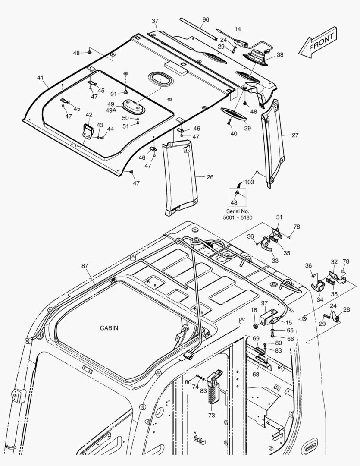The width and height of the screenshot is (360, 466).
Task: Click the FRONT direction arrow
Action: (318, 42)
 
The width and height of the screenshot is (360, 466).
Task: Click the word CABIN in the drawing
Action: (109, 328)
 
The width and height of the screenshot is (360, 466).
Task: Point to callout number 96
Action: (206, 19)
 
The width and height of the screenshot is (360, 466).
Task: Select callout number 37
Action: (155, 21)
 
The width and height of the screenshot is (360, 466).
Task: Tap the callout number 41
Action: (40, 78)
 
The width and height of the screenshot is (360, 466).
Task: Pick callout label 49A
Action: (111, 110)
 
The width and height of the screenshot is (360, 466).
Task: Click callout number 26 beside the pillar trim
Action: (210, 177)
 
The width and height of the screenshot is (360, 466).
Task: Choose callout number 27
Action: (295, 135)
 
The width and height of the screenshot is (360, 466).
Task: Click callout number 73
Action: (211, 415)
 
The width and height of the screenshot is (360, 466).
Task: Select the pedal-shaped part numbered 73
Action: (214, 386)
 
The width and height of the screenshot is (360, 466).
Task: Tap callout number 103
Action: (250, 182)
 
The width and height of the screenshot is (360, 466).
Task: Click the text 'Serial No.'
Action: (238, 211)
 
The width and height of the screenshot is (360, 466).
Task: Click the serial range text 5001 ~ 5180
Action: (238, 217)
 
